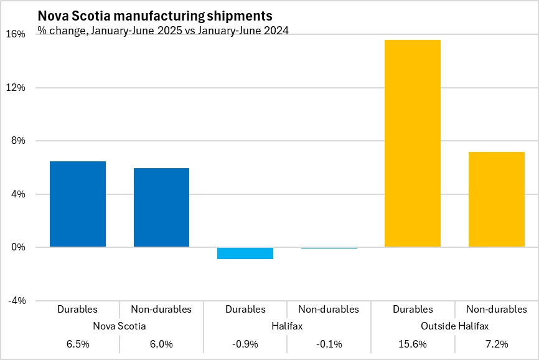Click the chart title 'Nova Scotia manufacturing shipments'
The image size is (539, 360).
click(155, 16)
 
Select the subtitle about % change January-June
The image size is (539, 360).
click(163, 31)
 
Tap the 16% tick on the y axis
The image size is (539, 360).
click(17, 34)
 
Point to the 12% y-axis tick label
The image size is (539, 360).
click(17, 88)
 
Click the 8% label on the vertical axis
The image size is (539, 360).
click(19, 141)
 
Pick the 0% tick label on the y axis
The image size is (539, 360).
click(19, 247)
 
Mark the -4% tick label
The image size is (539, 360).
click(17, 301)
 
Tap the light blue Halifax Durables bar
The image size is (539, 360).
click(245, 253)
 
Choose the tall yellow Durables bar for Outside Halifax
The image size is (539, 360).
click(413, 143)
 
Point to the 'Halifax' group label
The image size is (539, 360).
click(287, 326)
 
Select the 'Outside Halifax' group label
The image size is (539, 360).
click(454, 326)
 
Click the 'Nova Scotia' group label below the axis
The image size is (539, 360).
click(120, 326)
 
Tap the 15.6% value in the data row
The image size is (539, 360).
click(413, 344)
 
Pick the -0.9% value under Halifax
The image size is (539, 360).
click(245, 344)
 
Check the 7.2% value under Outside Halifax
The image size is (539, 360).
click(496, 344)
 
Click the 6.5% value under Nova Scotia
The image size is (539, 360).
click(78, 344)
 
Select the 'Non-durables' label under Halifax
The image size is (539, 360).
click(329, 309)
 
